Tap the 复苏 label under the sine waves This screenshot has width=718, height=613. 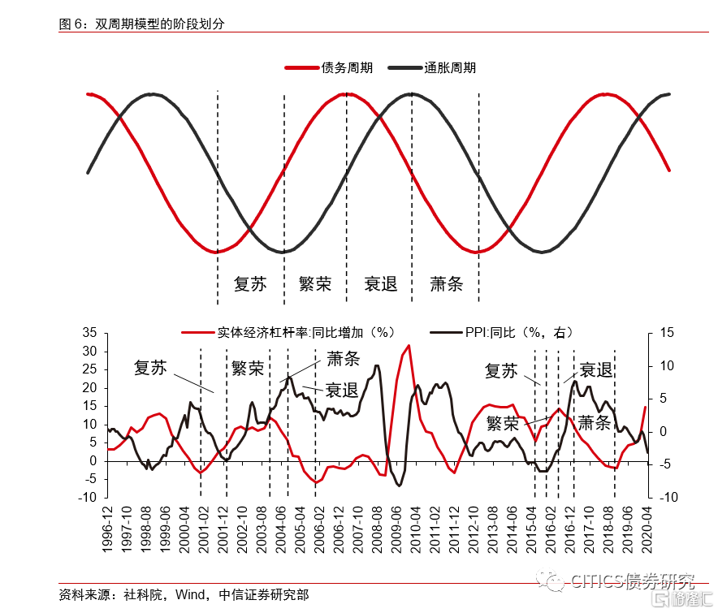249,284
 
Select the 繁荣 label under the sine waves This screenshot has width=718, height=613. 315,284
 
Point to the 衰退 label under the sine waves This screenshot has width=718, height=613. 380,284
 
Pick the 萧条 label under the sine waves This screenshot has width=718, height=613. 446,284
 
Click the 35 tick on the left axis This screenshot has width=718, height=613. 89,333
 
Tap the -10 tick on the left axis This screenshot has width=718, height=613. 87,497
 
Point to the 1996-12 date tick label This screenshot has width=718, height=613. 107,528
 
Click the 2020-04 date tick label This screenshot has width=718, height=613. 647,528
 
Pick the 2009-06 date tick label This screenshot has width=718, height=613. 396,528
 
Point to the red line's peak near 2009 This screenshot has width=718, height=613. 409,346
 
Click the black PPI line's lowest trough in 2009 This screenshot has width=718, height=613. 399,486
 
